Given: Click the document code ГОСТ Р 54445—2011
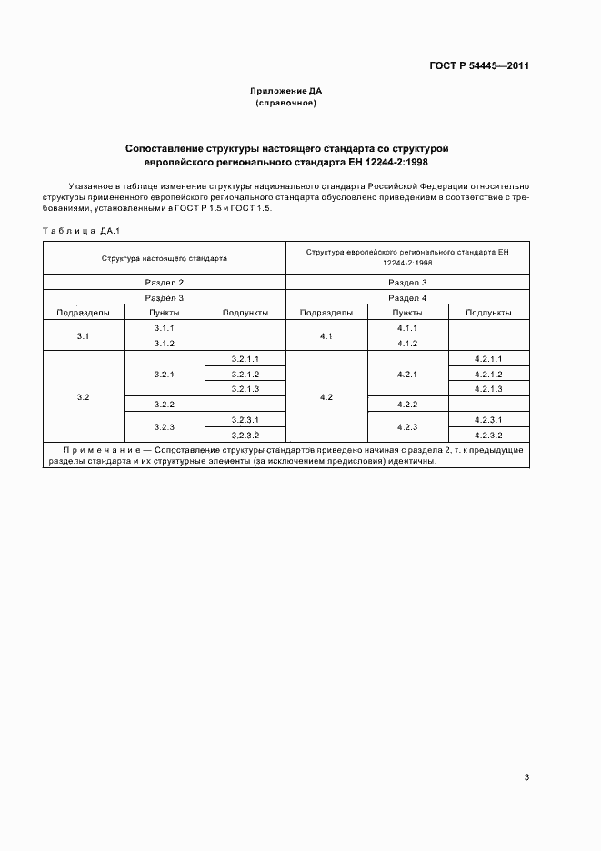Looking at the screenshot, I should point(479,66).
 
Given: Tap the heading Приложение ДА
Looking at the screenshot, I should point(285,92).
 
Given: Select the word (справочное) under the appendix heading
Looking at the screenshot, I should point(285,104).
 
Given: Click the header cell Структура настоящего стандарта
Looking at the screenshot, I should point(165,258).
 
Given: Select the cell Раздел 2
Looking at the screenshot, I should point(165,283).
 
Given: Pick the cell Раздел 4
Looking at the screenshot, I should point(407,297).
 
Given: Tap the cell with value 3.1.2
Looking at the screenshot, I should point(165,343).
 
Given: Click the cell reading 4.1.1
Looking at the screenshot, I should point(407,327).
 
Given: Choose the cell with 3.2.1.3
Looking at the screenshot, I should point(245,389).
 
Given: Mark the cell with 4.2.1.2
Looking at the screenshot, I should point(488,374).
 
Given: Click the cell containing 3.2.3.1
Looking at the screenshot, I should point(245,419).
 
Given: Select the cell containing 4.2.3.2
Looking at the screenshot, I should point(488,435).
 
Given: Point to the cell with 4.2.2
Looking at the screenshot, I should point(407,404).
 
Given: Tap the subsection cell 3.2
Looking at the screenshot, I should point(84,396).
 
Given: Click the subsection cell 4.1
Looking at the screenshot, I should point(326,335).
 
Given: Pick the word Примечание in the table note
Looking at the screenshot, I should point(100,449).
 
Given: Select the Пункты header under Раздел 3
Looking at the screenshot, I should point(165,312).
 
